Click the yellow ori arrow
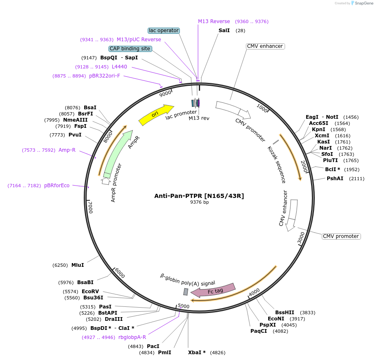click(x=156, y=115)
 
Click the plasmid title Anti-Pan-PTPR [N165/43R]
click(x=199, y=196)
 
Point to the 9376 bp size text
click(x=199, y=202)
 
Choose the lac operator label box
click(x=164, y=31)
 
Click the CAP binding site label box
click(x=130, y=49)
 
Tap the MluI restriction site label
click(x=78, y=265)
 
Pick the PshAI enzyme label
click(x=335, y=179)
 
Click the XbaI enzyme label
click(x=197, y=353)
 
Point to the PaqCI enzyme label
click(x=259, y=331)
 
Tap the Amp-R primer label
click(x=67, y=150)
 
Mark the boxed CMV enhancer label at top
click(x=265, y=46)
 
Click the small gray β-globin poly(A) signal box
click(x=186, y=292)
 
